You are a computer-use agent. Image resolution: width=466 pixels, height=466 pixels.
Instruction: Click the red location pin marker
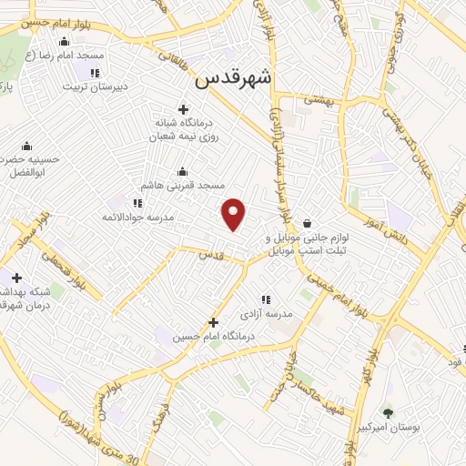(235, 213)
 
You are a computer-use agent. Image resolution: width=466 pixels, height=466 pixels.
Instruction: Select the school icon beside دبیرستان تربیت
(95, 72)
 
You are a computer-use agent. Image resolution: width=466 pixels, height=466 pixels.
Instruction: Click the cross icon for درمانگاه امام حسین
(214, 322)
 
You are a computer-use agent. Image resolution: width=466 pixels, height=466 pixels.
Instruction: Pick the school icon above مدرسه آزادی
(266, 299)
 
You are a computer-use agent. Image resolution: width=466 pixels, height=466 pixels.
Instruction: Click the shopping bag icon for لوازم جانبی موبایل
(308, 223)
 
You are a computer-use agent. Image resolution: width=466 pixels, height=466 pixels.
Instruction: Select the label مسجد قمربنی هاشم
(183, 185)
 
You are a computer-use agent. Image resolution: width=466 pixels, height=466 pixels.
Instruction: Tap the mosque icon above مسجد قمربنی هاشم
(183, 170)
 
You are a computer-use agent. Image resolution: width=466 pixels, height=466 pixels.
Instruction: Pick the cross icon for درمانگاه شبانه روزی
(183, 109)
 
